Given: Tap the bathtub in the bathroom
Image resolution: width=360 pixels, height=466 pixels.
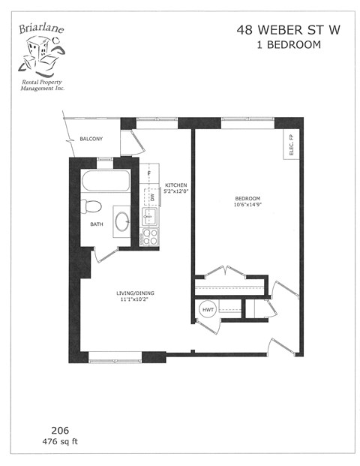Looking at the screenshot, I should [x=106, y=181].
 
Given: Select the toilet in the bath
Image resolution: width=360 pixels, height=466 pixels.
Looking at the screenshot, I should [x=91, y=206].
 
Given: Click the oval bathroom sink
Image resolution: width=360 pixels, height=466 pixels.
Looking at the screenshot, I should [x=121, y=221].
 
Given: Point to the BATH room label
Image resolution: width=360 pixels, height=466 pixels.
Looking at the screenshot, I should [x=96, y=224].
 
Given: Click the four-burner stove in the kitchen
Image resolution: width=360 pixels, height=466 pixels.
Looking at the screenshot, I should [x=148, y=236].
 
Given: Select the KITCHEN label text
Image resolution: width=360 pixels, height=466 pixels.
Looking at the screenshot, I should [x=175, y=185].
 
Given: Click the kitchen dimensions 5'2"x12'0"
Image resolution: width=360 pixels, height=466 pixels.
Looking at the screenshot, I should [x=175, y=192].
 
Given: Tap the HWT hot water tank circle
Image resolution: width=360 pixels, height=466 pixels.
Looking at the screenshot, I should [x=206, y=308].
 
